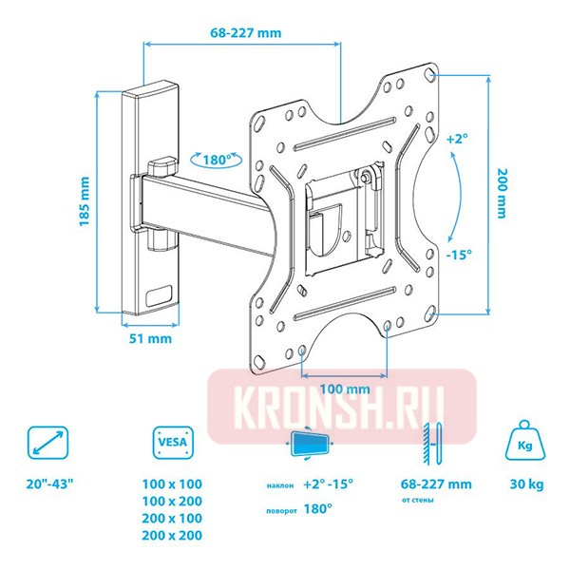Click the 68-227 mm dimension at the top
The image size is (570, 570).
(x=246, y=32)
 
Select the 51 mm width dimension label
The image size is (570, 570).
(x=151, y=338)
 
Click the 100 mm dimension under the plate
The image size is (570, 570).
(x=344, y=389)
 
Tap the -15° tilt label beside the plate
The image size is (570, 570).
(x=460, y=256)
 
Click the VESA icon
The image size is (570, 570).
(x=172, y=442)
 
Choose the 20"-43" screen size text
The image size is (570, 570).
(x=50, y=484)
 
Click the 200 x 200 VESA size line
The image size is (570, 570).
(x=172, y=536)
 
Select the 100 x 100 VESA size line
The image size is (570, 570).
(x=172, y=484)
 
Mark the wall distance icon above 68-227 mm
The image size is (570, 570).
(x=433, y=442)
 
